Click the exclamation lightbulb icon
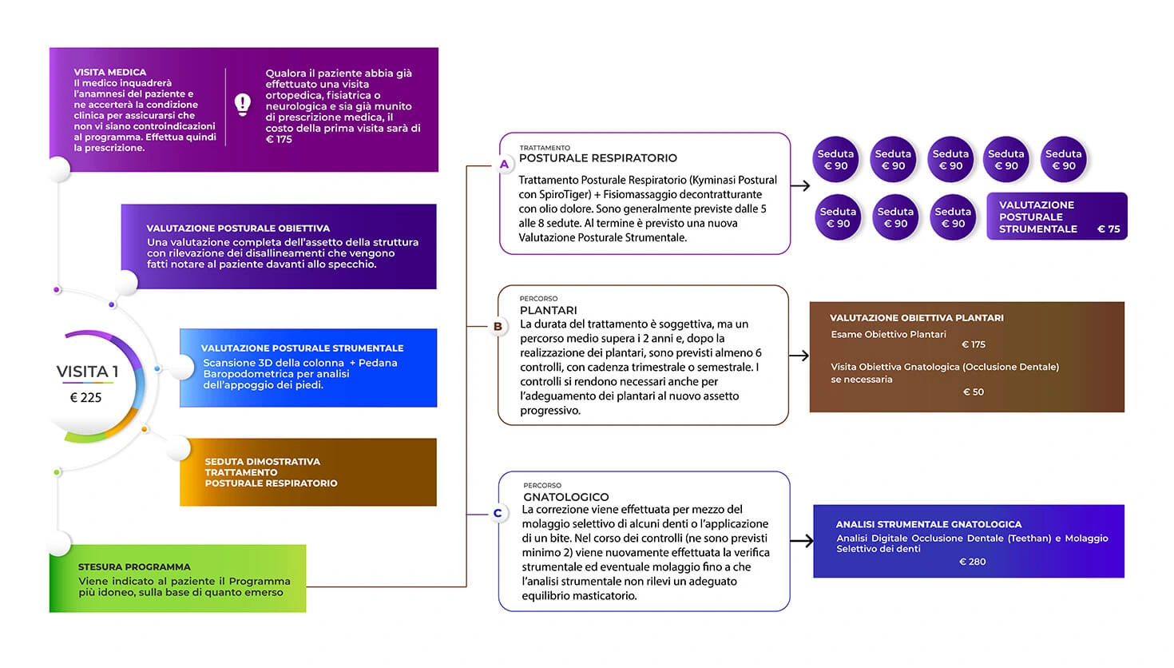242,105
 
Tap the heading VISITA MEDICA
110,72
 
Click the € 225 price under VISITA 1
86,397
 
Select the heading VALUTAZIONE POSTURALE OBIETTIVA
238,228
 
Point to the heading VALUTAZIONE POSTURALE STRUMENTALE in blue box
303,348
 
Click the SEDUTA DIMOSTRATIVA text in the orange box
263,461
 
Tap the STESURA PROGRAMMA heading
134,567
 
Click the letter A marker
504,165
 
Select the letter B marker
498,326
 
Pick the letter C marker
498,513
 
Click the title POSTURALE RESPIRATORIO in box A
598,158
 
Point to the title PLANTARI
548,310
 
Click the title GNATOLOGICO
566,496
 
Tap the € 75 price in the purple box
1109,229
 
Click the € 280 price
972,562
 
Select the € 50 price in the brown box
974,392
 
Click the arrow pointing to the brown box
799,356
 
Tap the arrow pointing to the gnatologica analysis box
801,541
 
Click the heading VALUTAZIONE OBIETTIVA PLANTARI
917,318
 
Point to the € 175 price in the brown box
974,344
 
